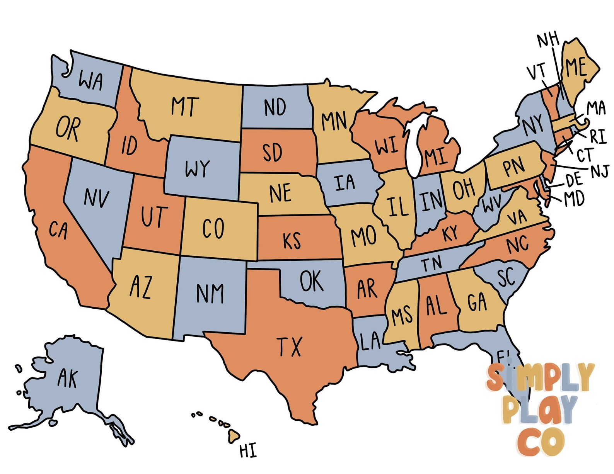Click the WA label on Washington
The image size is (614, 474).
(91, 81)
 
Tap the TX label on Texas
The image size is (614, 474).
(289, 347)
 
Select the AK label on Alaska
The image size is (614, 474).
(68, 378)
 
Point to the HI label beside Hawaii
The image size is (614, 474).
(248, 450)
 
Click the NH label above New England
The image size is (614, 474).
(548, 40)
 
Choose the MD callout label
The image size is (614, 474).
(574, 199)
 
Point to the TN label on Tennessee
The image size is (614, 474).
(432, 265)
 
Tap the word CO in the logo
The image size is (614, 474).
(541, 442)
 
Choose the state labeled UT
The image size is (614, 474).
(155, 216)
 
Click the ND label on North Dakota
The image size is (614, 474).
(275, 107)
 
